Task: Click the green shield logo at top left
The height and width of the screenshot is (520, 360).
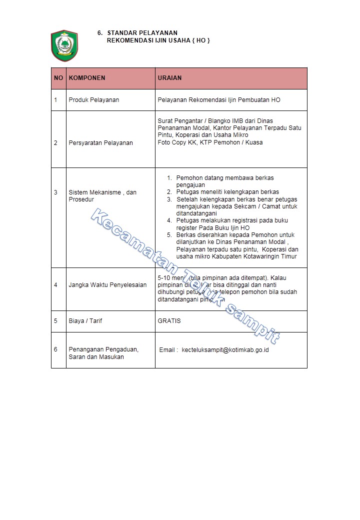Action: (x=64, y=45)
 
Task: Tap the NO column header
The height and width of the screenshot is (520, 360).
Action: (x=58, y=78)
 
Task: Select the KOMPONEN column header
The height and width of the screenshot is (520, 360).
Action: (x=87, y=78)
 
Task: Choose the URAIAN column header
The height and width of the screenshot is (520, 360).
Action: (x=169, y=78)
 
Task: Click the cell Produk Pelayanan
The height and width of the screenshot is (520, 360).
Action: (x=94, y=100)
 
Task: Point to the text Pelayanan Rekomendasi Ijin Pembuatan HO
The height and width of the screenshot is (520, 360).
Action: (x=219, y=100)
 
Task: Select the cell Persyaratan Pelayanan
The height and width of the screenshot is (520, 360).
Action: (x=100, y=143)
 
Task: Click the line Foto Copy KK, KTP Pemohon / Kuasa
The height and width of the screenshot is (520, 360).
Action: (x=210, y=142)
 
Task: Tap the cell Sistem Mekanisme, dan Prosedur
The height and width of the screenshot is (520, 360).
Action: (x=102, y=196)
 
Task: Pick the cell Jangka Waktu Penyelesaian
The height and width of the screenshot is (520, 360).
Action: (x=107, y=285)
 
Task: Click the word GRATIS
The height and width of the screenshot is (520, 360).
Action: (x=169, y=321)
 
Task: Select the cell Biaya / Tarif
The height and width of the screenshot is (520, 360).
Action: (x=85, y=321)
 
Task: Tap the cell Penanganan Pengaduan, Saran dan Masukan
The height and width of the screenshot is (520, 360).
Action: (x=103, y=353)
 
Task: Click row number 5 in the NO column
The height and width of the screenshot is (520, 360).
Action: (x=56, y=321)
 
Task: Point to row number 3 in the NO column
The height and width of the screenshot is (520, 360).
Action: (x=56, y=192)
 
